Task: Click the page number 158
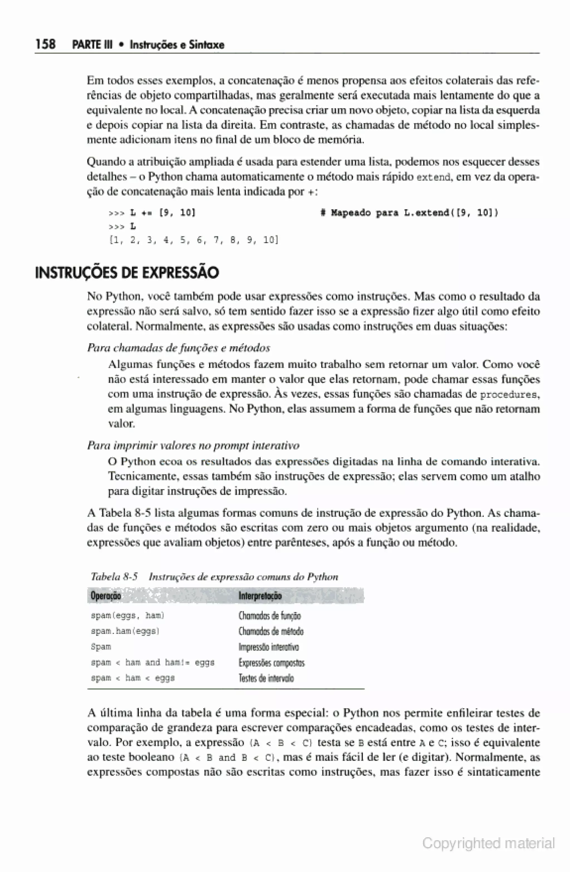tap(45, 44)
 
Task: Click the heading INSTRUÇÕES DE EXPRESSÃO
tap(127, 273)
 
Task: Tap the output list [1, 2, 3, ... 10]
tap(194, 240)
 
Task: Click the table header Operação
tap(105, 596)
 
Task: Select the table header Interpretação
tap(260, 596)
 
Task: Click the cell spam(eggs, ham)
tap(127, 615)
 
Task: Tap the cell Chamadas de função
tap(269, 615)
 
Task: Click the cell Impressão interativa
tap(268, 647)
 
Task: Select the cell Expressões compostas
tap(271, 663)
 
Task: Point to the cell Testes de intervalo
tap(266, 678)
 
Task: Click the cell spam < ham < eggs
tap(132, 678)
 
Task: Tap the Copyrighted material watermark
tap(488, 844)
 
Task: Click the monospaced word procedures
tap(509, 395)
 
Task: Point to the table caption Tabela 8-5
tap(114, 577)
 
